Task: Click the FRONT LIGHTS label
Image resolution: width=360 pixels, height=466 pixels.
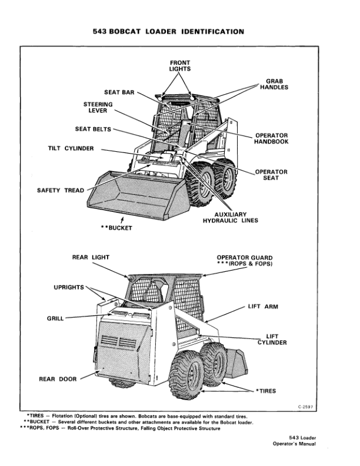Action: pyautogui.click(x=180, y=65)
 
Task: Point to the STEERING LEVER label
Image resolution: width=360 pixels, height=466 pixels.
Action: pyautogui.click(x=94, y=108)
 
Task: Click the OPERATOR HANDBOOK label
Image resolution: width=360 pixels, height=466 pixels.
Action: pyautogui.click(x=271, y=139)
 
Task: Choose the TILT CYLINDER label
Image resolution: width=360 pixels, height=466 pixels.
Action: pyautogui.click(x=71, y=148)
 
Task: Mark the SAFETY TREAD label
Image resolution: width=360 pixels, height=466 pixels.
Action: pyautogui.click(x=61, y=190)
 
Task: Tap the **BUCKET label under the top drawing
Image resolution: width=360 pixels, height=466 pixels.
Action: pyautogui.click(x=116, y=228)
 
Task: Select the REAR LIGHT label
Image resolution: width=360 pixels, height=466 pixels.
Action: pyautogui.click(x=91, y=257)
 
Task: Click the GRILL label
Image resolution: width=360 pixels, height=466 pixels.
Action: pyautogui.click(x=55, y=318)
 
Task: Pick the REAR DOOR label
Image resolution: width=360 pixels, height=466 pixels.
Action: pyautogui.click(x=58, y=379)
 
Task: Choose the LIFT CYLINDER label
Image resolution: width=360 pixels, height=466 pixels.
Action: pyautogui.click(x=272, y=339)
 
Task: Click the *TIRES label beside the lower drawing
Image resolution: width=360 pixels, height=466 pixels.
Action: pyautogui.click(x=265, y=391)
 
